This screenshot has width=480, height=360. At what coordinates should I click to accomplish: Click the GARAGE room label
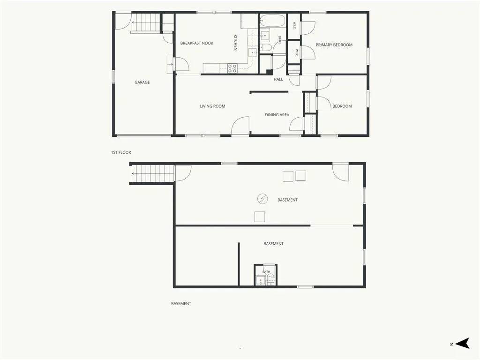142,82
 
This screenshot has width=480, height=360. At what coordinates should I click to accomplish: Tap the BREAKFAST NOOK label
196,43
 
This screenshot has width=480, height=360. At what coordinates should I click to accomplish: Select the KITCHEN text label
235,42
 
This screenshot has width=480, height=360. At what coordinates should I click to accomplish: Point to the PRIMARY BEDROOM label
334,45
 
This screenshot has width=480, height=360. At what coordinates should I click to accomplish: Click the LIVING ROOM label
212,106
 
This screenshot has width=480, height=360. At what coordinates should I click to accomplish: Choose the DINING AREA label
277,115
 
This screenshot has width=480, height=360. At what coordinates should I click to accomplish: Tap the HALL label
278,79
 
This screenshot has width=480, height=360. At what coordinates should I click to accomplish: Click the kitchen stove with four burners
232,68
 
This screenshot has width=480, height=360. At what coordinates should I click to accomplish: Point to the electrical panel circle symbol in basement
262,199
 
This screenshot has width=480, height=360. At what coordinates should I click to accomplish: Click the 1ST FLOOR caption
121,152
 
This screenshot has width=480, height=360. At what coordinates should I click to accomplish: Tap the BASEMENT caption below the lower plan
181,304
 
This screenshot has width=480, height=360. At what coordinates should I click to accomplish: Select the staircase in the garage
146,22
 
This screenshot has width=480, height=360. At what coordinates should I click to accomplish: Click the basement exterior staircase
152,173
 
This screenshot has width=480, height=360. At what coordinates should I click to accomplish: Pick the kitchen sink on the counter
253,52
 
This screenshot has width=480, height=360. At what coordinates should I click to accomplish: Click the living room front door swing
240,126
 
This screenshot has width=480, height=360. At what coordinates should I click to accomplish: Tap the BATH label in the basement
266,272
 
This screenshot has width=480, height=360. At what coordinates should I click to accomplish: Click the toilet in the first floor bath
265,47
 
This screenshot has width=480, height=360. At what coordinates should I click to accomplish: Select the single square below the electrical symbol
260,217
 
